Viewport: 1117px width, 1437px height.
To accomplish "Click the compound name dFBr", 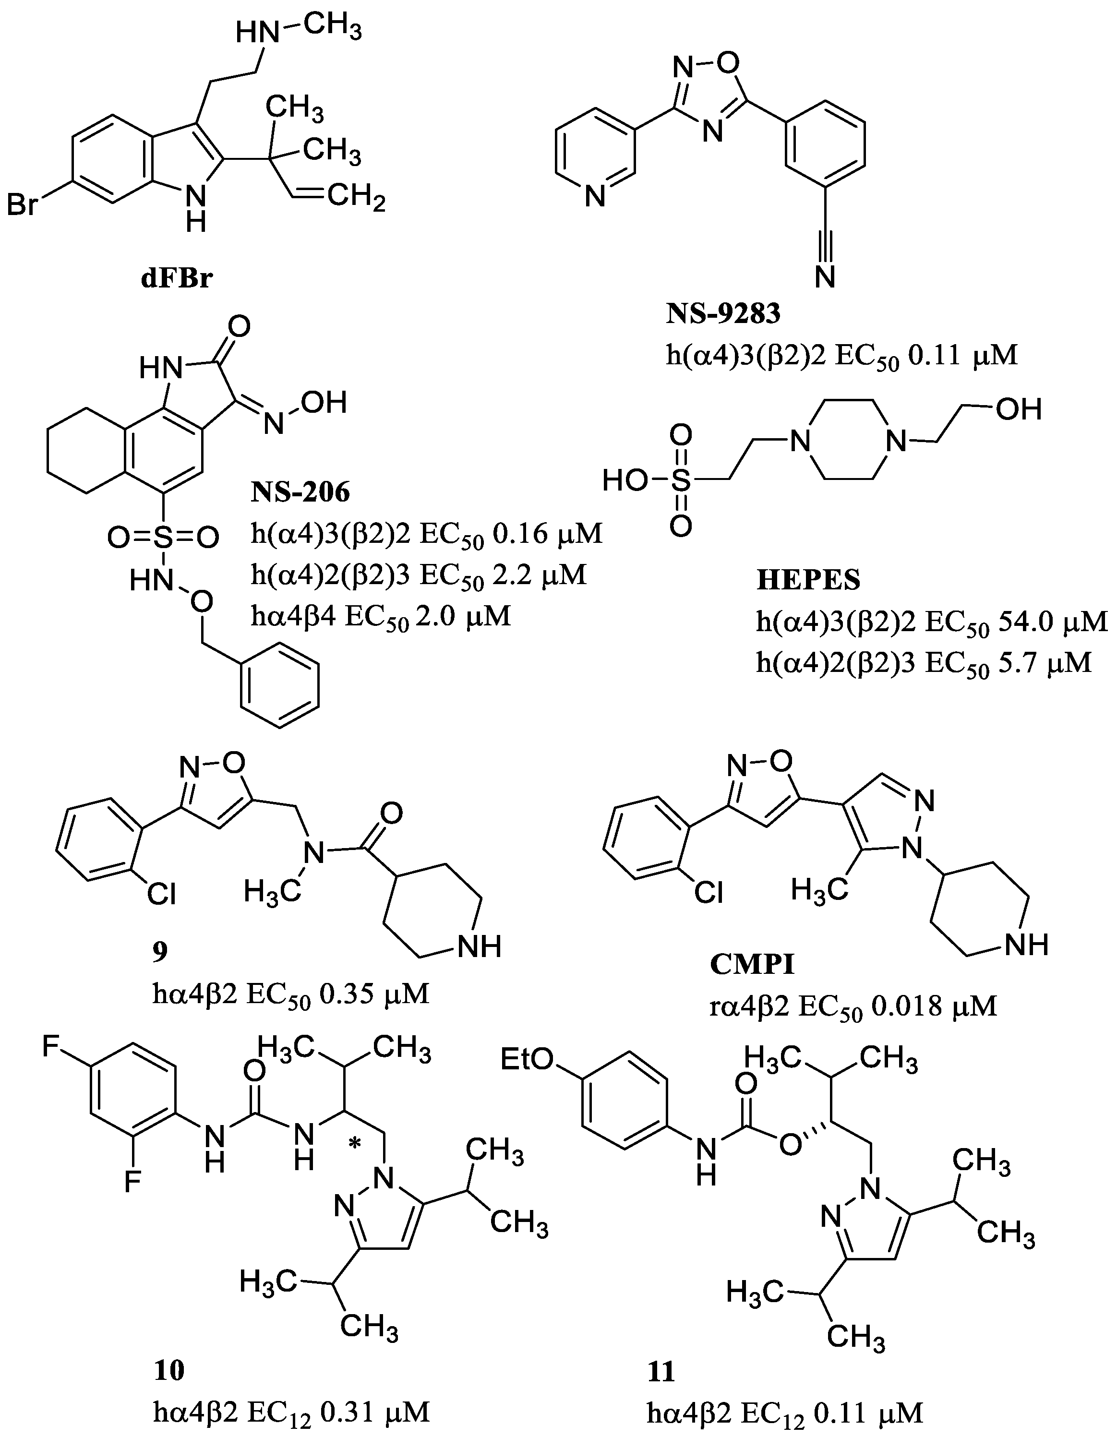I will [x=177, y=279].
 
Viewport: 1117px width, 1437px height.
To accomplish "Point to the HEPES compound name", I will [x=808, y=580].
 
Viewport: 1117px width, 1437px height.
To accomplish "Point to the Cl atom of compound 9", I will [x=161, y=894].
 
